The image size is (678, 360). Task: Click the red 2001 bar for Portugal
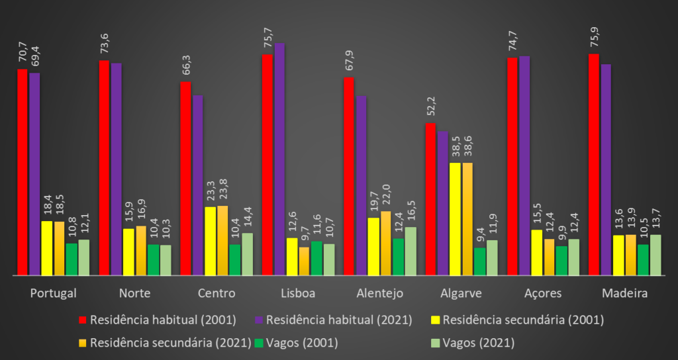(x=23, y=171)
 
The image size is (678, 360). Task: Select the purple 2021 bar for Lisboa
(x=279, y=159)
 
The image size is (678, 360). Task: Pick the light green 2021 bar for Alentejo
(x=411, y=251)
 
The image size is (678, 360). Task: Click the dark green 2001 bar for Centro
(x=235, y=259)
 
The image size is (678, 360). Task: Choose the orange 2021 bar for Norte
(x=141, y=250)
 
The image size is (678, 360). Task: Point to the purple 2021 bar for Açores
(x=524, y=165)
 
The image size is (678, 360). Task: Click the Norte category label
(x=134, y=293)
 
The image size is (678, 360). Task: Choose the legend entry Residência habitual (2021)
(x=334, y=320)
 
